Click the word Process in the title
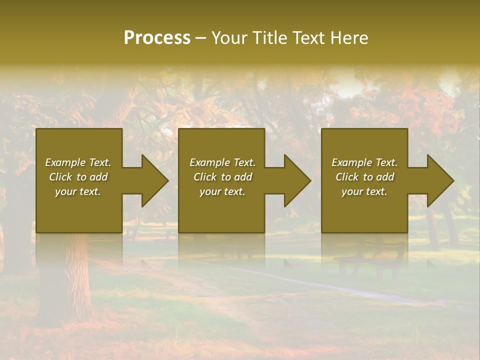[x=157, y=38]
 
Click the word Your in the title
[x=228, y=38]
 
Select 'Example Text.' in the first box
[x=78, y=162]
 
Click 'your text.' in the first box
[x=78, y=191]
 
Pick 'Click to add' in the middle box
[x=222, y=177]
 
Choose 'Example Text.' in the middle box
[x=222, y=162]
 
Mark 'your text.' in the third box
[x=364, y=191]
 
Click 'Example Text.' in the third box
[x=364, y=162]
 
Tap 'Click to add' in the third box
[x=364, y=177]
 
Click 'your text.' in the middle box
[x=222, y=191]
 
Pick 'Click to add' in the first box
[x=78, y=177]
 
